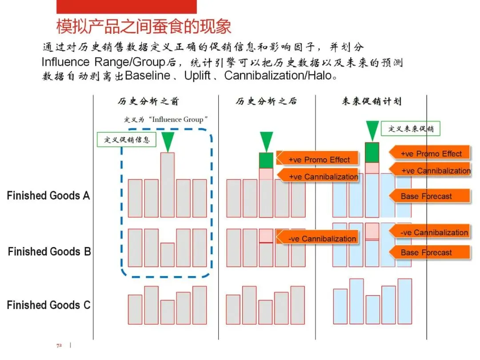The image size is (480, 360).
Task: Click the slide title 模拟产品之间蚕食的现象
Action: tap(144, 26)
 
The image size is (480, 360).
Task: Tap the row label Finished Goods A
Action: tap(48, 196)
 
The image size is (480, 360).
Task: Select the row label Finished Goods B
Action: tap(49, 252)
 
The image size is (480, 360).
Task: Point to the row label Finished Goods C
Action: tap(48, 305)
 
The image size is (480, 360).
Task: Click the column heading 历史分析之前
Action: tap(148, 102)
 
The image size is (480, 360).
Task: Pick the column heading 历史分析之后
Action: tap(266, 102)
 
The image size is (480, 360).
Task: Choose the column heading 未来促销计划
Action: tap(372, 102)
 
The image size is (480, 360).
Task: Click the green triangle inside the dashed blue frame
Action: tap(168, 141)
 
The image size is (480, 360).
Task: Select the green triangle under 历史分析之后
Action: tap(266, 141)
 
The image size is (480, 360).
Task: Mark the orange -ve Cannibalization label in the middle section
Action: tap(321, 239)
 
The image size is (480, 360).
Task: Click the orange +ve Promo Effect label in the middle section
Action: tap(318, 160)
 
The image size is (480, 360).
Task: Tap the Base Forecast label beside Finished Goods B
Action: tap(427, 252)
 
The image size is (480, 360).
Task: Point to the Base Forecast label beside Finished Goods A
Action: tap(427, 196)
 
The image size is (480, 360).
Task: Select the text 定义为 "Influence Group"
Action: tap(166, 120)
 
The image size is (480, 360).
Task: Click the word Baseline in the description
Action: tap(148, 76)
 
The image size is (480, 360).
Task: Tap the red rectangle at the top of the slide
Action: tap(127, 7)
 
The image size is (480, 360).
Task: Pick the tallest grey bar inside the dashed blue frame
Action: tap(168, 184)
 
